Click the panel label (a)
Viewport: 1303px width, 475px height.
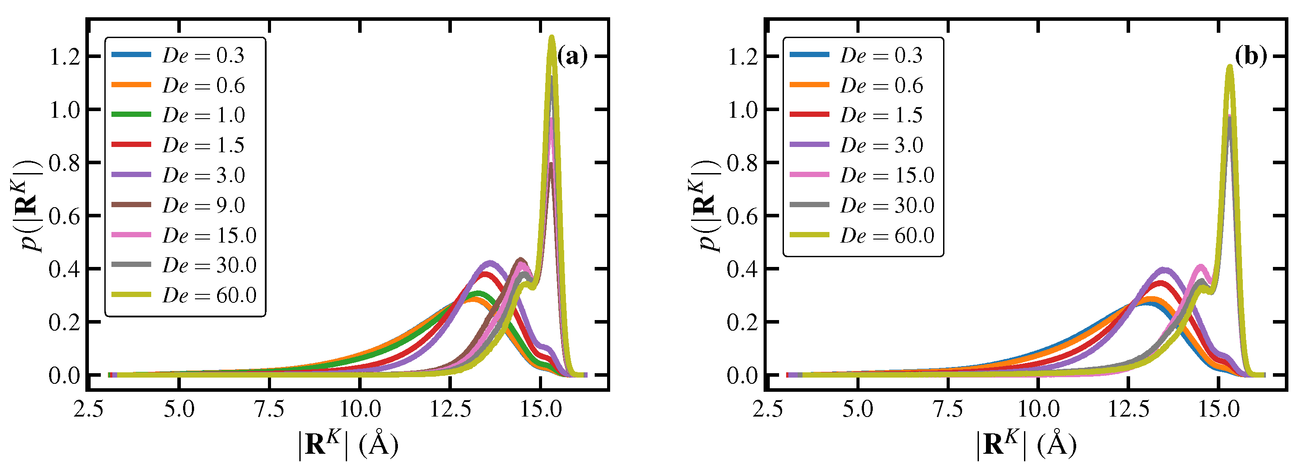click(572, 56)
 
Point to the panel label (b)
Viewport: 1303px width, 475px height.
click(1250, 56)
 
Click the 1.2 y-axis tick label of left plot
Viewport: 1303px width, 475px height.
click(65, 57)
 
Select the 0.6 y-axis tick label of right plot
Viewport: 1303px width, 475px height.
click(742, 216)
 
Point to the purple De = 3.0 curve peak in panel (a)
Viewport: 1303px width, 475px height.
click(489, 263)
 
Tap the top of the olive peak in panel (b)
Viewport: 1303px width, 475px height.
click(1230, 66)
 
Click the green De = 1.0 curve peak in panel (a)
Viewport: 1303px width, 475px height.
click(478, 293)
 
